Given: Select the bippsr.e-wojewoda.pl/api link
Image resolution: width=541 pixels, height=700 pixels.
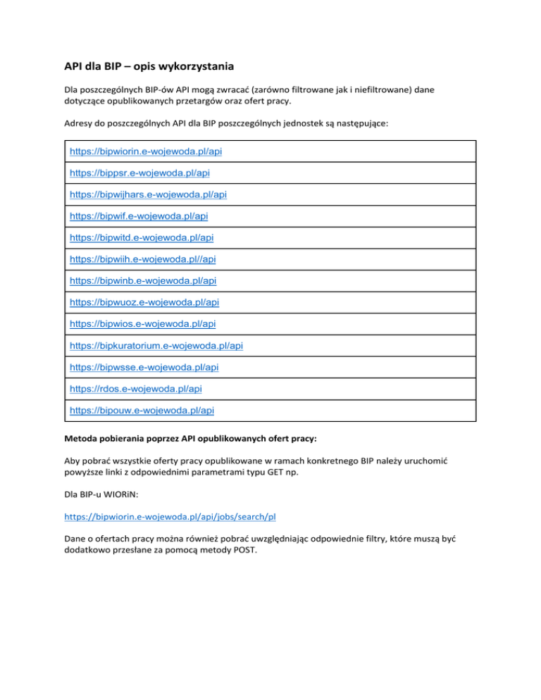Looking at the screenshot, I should click(x=140, y=173).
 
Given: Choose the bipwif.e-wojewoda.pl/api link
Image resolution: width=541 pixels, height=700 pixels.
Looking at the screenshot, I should click(x=138, y=215).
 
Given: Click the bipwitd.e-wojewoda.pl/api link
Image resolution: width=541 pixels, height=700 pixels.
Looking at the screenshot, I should click(x=141, y=237).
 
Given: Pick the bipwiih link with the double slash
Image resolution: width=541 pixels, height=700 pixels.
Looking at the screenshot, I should click(x=142, y=258).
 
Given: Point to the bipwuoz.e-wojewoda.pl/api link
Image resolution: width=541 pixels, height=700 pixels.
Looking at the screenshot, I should click(x=144, y=301).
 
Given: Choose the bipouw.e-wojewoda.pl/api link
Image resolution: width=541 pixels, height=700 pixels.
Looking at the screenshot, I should click(x=142, y=409).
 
